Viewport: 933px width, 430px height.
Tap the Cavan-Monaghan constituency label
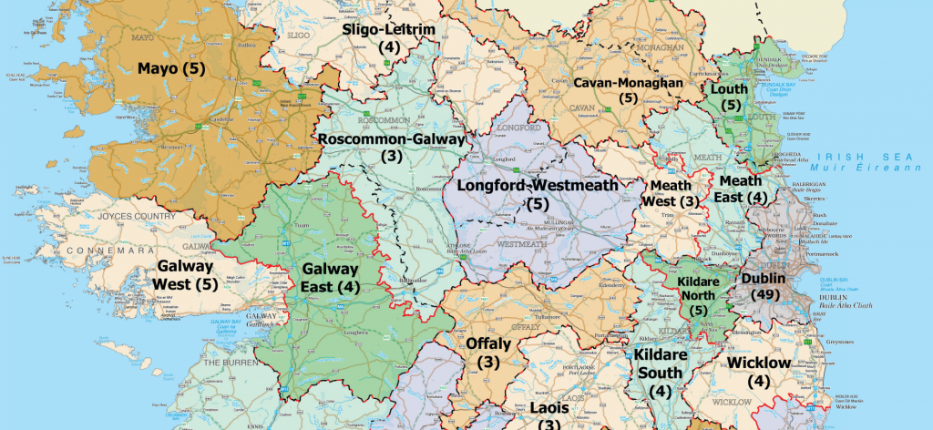628,89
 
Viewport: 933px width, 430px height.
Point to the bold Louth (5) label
730,97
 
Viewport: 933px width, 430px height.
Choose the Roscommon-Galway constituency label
391,148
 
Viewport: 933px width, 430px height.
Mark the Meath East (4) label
743,189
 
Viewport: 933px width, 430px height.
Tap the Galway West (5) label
186,275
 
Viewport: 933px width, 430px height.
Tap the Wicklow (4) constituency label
759,372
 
